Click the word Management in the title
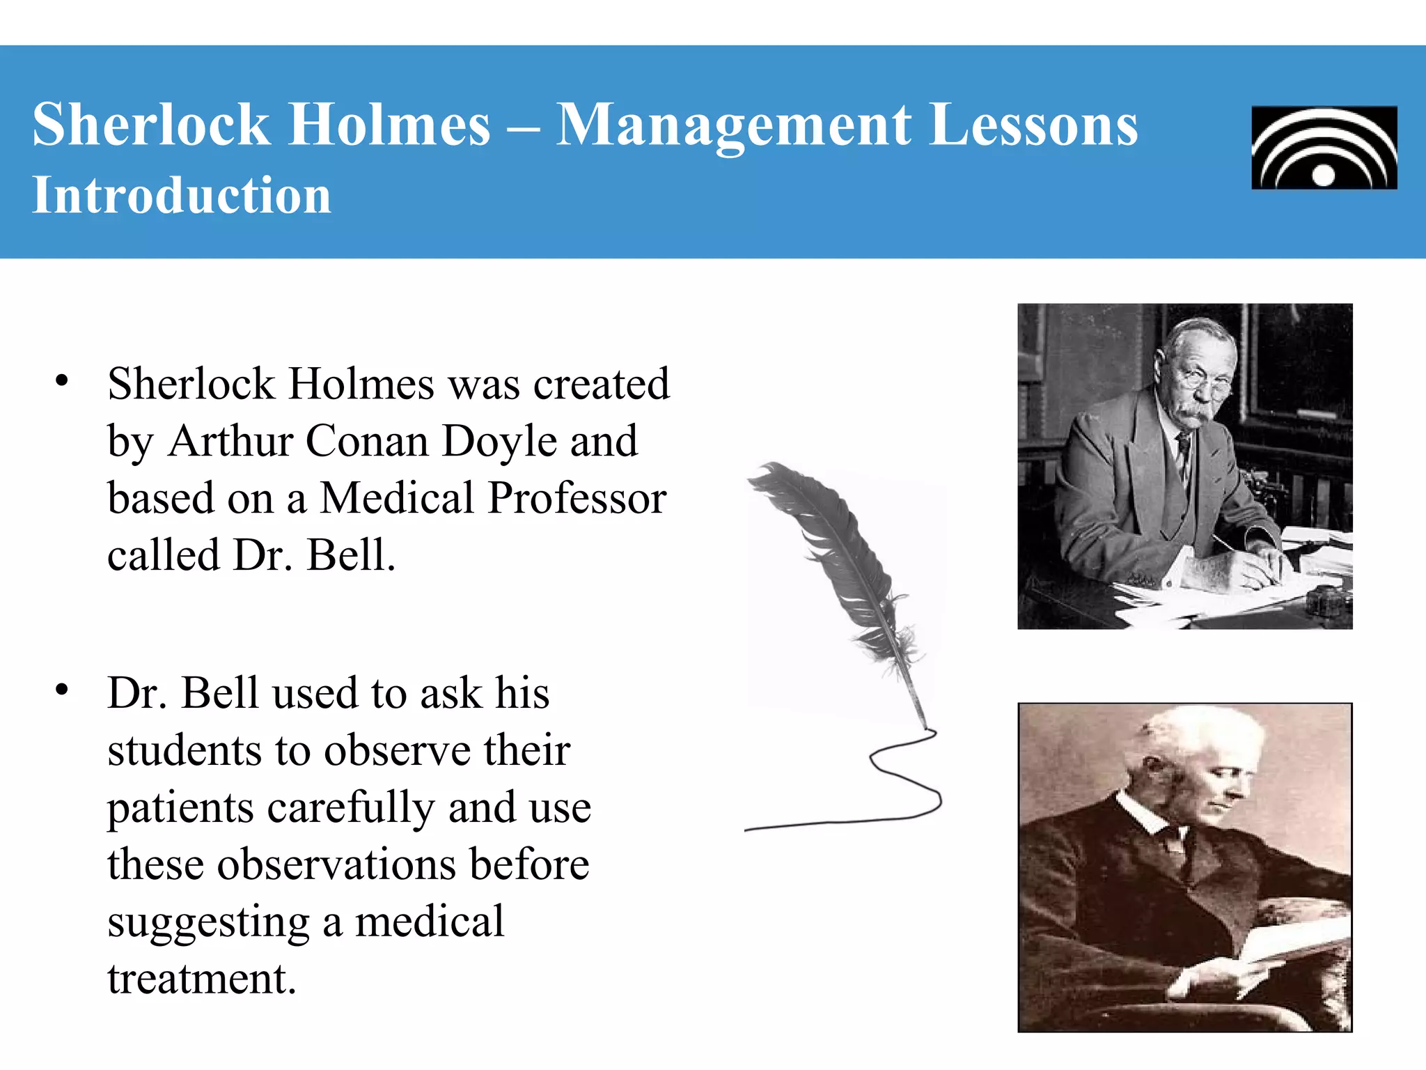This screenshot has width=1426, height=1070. [x=733, y=125]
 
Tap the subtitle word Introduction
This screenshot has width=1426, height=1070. [x=182, y=195]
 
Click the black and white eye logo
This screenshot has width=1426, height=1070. [x=1324, y=148]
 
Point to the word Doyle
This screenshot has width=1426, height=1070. [x=499, y=441]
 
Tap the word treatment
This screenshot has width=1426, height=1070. [x=201, y=979]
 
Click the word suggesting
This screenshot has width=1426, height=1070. [x=208, y=922]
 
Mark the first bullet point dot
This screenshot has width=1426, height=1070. [x=62, y=381]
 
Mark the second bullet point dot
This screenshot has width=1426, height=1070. [x=62, y=690]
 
